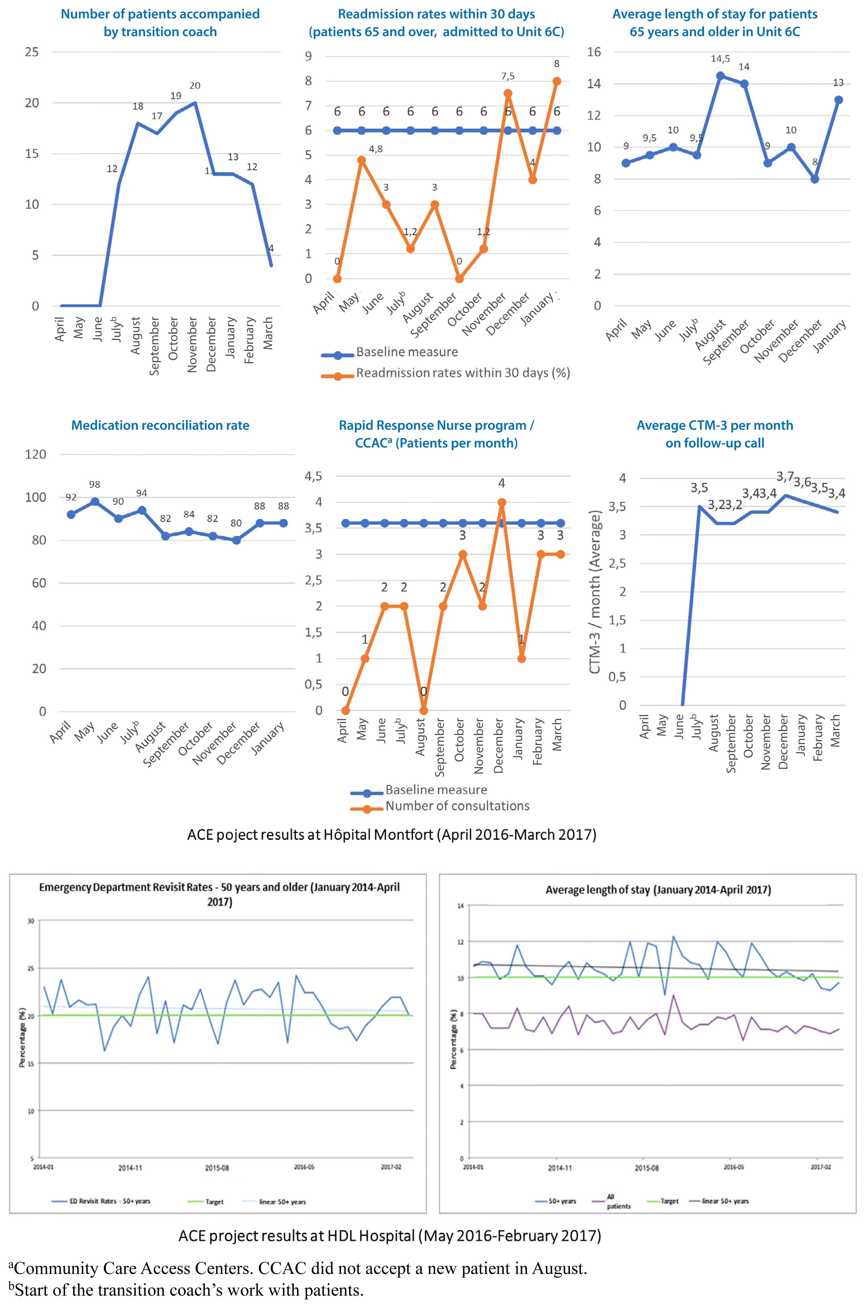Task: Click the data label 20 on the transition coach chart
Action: pyautogui.click(x=195, y=86)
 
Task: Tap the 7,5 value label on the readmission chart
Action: pyautogui.click(x=507, y=76)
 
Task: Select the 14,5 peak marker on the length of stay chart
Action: pyautogui.click(x=720, y=76)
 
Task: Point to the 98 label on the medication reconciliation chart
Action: pyautogui.click(x=94, y=484)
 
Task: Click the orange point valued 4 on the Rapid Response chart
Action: pyautogui.click(x=501, y=503)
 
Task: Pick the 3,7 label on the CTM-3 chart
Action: pyautogui.click(x=785, y=476)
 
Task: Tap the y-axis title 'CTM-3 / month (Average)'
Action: pyautogui.click(x=595, y=591)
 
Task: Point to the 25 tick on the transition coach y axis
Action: pyautogui.click(x=32, y=52)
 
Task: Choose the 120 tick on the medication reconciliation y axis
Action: pyautogui.click(x=35, y=454)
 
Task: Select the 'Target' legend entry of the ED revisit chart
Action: pyautogui.click(x=214, y=1201)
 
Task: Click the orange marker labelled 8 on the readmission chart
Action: pyautogui.click(x=557, y=81)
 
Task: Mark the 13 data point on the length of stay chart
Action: pyautogui.click(x=838, y=100)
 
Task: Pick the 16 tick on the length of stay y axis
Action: pyautogui.click(x=594, y=52)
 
